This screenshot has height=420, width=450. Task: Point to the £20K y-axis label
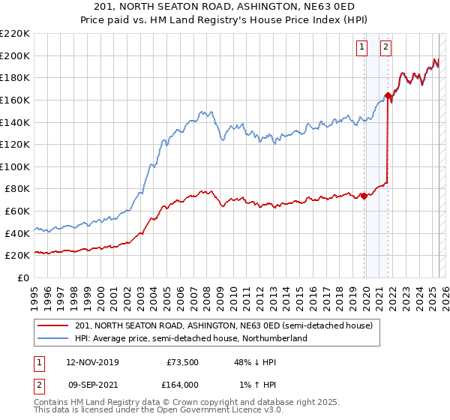click(16, 256)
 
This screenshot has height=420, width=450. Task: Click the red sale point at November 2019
click(364, 196)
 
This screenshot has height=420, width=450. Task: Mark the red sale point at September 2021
click(388, 95)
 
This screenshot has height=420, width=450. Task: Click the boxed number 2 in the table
click(38, 384)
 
